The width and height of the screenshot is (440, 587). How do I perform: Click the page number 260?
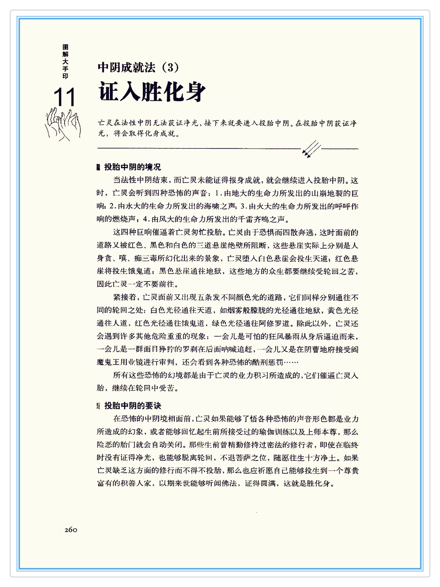point(71,530)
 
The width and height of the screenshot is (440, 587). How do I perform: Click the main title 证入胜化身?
point(152,92)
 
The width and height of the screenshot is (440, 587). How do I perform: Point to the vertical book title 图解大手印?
point(66,61)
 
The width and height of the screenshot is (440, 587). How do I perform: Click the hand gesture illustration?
point(62,124)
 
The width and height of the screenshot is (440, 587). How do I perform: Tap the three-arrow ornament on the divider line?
point(311,149)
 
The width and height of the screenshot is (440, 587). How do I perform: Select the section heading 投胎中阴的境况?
point(132,167)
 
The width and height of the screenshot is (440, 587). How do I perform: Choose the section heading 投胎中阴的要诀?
point(133,406)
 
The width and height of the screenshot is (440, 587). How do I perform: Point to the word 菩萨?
point(244,458)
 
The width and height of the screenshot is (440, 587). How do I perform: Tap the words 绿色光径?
point(227,323)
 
